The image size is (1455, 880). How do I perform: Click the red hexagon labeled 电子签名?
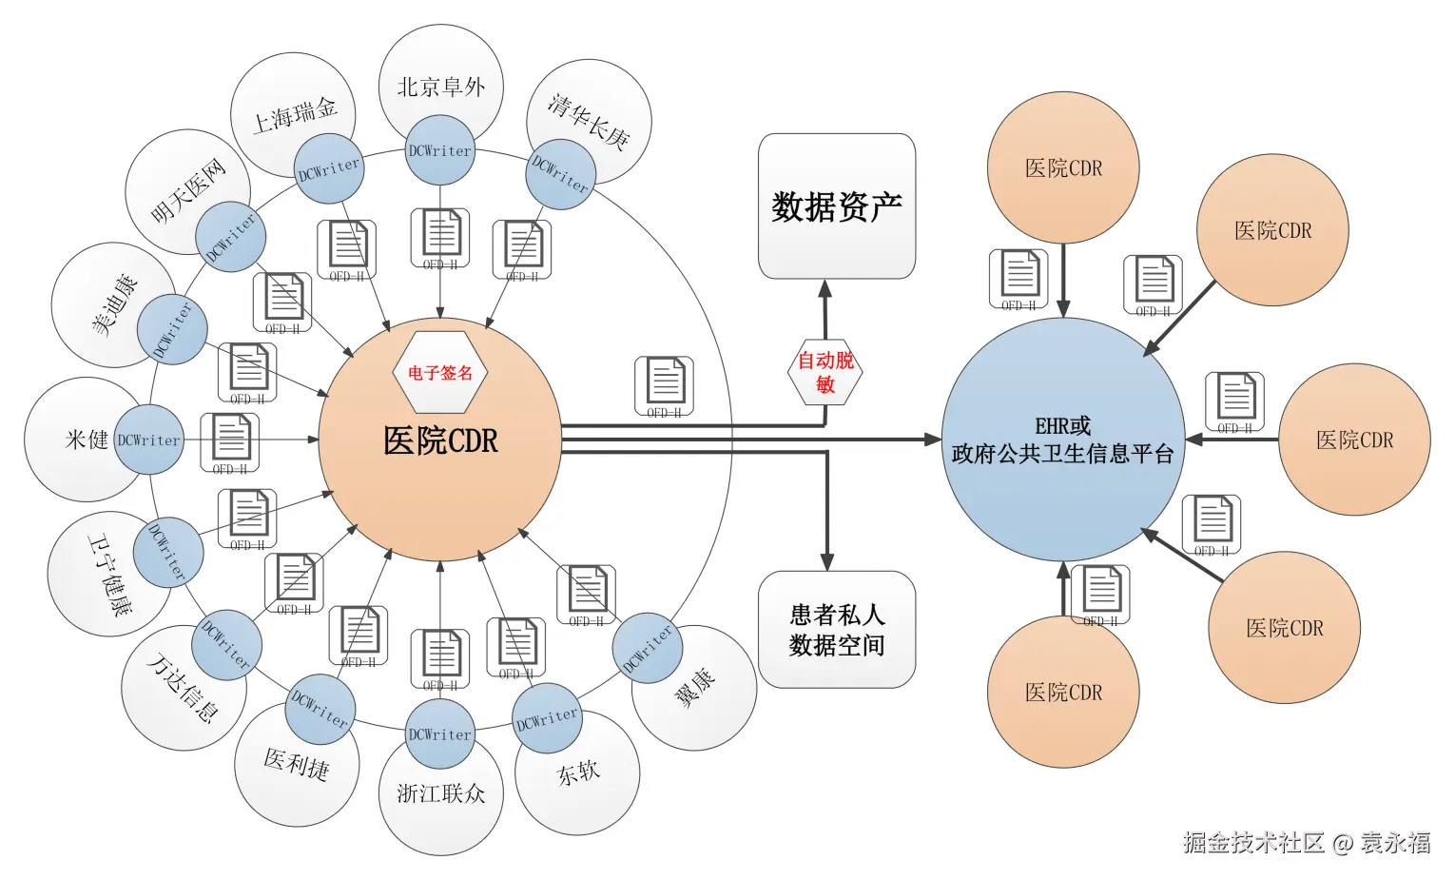pos(439,372)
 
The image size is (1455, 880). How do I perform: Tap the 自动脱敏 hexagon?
pos(825,372)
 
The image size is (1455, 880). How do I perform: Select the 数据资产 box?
pos(836,206)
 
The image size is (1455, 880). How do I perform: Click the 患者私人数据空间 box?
pos(836,630)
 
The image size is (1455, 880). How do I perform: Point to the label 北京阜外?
pos(440,88)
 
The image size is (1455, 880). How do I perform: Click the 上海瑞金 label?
pos(294,115)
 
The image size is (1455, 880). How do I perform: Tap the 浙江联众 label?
pos(440,793)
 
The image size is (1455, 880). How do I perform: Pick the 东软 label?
pos(578,772)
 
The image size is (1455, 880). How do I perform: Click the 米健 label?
pos(87,440)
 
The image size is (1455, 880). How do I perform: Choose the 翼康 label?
pos(695,687)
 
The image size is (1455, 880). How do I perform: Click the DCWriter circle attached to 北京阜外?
pos(439,150)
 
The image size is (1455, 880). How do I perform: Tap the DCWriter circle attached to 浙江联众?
pos(439,734)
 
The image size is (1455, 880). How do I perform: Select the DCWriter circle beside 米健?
pos(148,440)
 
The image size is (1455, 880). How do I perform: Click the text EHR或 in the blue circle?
pos(1062,426)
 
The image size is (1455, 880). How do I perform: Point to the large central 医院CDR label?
pos(440,440)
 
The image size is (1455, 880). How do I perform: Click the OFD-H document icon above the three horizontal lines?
pos(664,385)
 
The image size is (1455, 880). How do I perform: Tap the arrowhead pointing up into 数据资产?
pos(825,289)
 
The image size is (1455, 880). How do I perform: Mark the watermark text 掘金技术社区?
pos(1252,842)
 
